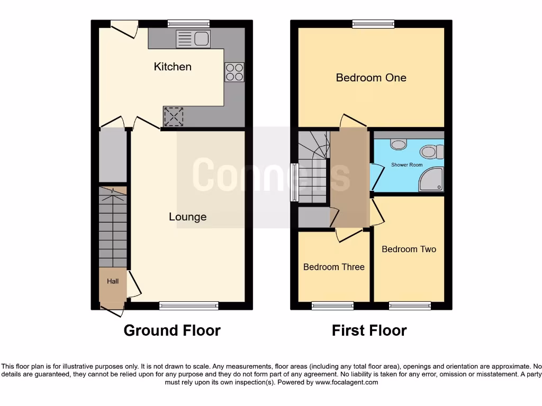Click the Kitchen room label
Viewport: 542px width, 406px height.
[x=173, y=67]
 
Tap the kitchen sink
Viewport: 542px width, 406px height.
[x=193, y=39]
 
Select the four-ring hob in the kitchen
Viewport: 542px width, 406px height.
[x=234, y=72]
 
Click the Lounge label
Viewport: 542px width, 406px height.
[x=187, y=217]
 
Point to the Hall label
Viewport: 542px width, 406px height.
[x=113, y=281]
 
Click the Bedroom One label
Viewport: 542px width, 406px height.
[x=371, y=78]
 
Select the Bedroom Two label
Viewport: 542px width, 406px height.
[x=409, y=249]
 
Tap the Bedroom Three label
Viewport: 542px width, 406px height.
[x=333, y=267]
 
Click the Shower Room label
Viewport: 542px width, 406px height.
[x=406, y=165]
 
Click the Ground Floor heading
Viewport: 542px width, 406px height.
[x=172, y=330]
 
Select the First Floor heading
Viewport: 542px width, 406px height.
[x=369, y=330]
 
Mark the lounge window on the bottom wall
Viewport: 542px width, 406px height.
[x=188, y=305]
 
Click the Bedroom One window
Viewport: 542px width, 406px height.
[x=373, y=23]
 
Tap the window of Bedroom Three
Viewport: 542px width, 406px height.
[x=332, y=305]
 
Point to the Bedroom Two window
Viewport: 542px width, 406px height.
[x=410, y=305]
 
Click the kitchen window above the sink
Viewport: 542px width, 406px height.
[x=188, y=23]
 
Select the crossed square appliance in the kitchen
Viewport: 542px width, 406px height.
[x=174, y=117]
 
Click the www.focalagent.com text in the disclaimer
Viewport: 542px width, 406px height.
[x=347, y=382]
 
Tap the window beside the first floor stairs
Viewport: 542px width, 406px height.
[x=294, y=182]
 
